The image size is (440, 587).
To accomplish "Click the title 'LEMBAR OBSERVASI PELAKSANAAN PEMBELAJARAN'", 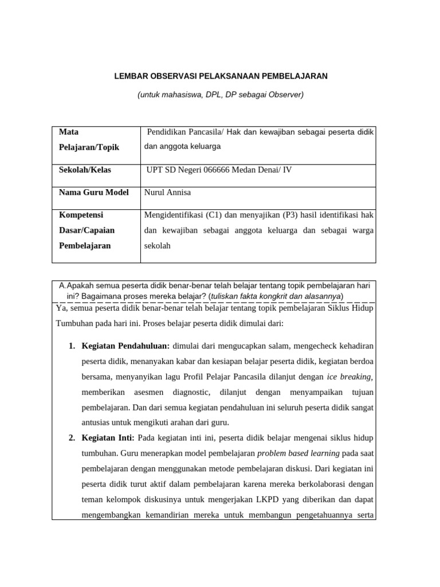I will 220,76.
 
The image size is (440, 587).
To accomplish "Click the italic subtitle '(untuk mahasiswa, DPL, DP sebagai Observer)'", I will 220,95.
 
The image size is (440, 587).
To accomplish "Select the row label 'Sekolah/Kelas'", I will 85,170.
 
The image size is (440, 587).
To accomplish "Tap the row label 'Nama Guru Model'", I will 94,192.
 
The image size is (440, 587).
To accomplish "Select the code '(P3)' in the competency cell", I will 292,215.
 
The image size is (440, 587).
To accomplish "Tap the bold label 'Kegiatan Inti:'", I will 108,438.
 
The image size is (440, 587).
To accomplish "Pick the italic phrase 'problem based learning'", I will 298,453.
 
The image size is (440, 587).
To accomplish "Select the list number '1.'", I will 72,346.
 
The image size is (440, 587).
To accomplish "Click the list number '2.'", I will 72,438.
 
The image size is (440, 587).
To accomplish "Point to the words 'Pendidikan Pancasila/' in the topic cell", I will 185,132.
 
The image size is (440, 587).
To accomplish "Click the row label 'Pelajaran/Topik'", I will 89,147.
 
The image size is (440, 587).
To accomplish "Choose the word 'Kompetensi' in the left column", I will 81,214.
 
